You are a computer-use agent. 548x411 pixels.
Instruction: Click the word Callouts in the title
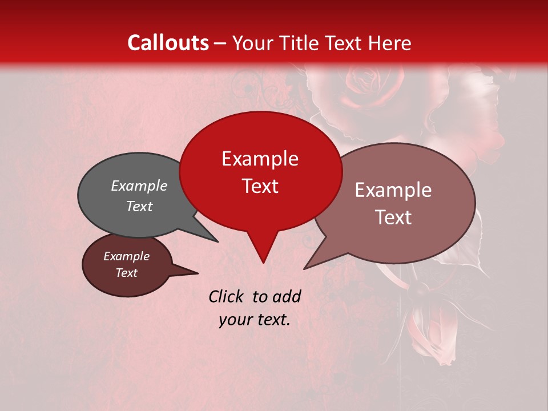(168, 43)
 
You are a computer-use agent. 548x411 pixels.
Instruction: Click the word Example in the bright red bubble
(260, 159)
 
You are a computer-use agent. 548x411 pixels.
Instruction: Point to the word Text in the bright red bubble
(260, 186)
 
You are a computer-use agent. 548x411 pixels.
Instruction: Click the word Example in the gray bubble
(139, 186)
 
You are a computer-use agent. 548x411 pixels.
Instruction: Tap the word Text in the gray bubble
(139, 206)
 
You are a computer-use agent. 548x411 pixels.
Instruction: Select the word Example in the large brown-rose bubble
(393, 190)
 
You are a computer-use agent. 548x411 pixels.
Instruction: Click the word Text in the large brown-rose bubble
(393, 217)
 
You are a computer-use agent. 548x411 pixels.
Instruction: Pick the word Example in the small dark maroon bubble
(126, 256)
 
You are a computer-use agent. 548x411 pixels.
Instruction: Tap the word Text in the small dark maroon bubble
(126, 273)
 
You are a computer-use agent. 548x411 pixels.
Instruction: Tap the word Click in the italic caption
(228, 296)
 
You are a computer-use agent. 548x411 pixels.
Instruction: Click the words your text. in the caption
(254, 320)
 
